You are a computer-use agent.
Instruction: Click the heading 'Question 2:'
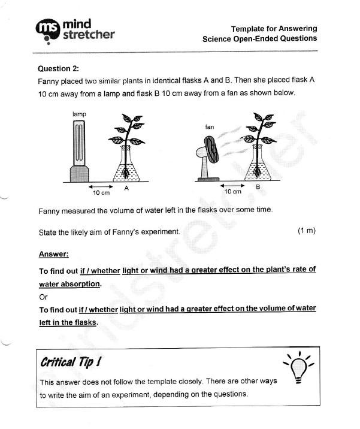58,68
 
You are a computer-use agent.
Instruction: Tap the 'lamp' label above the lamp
79,113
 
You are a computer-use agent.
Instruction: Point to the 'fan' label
210,127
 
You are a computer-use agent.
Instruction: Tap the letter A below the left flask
126,188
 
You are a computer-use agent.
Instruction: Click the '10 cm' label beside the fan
232,192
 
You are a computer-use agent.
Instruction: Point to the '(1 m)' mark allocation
306,231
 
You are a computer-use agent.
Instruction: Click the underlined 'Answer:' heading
53,253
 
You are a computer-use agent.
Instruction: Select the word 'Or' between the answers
43,297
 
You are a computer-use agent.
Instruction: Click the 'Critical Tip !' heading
70,362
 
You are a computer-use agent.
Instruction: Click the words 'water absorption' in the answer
69,283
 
